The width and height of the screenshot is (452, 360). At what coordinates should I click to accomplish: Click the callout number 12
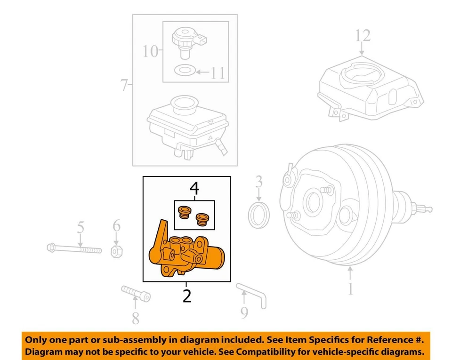(363, 36)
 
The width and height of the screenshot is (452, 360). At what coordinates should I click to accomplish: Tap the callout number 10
(150, 50)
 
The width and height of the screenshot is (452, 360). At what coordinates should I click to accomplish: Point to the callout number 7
(124, 85)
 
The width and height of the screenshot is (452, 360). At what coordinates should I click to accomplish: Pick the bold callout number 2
(187, 296)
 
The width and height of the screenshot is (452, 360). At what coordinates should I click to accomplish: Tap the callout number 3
(258, 181)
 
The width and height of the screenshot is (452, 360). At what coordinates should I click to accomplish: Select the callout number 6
(116, 226)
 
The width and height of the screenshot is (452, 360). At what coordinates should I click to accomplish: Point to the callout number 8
(135, 318)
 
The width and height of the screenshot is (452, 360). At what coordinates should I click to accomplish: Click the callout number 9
(244, 312)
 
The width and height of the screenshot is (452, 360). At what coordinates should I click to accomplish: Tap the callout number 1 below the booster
(350, 288)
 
